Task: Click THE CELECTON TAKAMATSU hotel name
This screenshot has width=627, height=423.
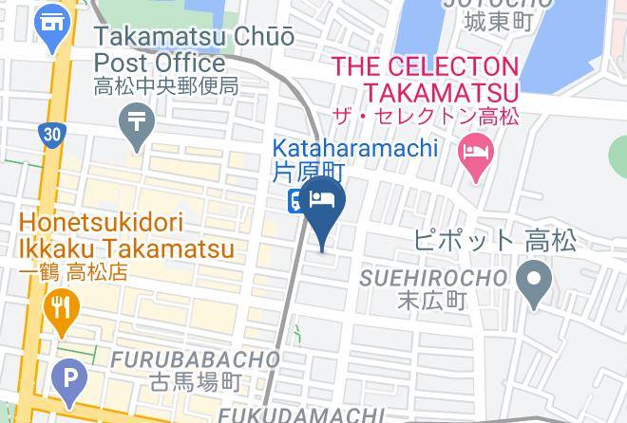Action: pyautogui.click(x=425, y=80)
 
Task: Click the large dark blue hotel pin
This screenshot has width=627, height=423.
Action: pyautogui.click(x=324, y=204)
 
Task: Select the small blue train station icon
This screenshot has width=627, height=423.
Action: pyautogui.click(x=295, y=199)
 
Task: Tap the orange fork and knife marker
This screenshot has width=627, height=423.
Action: pyautogui.click(x=62, y=309)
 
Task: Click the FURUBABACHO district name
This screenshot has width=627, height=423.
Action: pyautogui.click(x=196, y=360)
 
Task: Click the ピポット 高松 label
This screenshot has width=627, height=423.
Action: pyautogui.click(x=495, y=240)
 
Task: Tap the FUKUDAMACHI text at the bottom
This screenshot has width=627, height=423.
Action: pyautogui.click(x=301, y=415)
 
